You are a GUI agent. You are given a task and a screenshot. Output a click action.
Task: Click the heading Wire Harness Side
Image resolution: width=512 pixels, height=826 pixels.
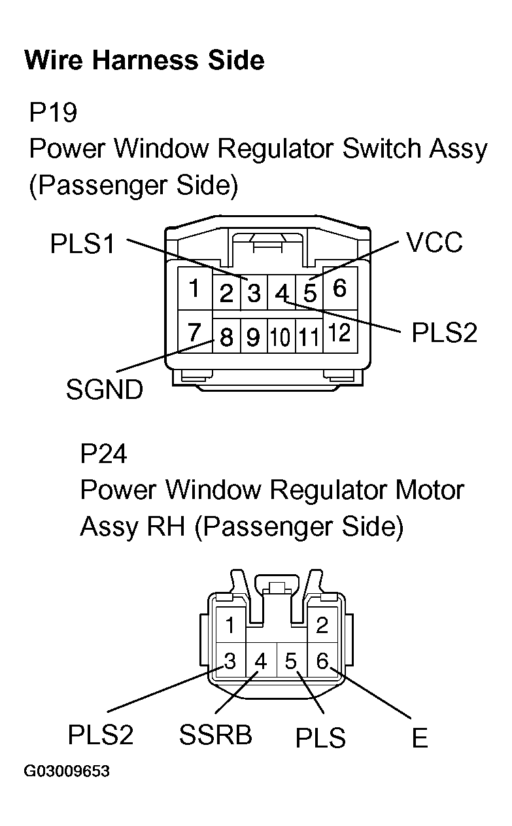[144, 60]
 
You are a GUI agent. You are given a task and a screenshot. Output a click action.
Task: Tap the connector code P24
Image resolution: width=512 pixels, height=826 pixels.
[103, 453]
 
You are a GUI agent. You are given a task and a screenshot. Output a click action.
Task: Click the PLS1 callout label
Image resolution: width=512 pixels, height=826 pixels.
[82, 245]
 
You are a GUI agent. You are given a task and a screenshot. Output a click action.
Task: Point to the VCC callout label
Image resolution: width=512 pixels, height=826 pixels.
[434, 243]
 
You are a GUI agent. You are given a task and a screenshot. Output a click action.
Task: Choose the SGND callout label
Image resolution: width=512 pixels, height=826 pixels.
[104, 390]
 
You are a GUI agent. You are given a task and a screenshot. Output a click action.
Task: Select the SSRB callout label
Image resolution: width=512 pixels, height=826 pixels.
[215, 736]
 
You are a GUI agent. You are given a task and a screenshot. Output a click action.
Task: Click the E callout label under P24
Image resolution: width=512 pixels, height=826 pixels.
[419, 738]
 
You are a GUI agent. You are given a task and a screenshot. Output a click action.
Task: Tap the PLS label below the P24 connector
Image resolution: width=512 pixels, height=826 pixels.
[320, 738]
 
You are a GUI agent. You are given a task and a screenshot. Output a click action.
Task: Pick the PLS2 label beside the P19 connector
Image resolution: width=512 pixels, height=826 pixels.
[444, 332]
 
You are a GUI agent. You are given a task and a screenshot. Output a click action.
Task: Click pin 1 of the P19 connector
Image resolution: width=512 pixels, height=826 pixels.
[194, 288]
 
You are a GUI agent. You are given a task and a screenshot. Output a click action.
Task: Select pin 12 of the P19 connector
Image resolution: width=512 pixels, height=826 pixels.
[339, 334]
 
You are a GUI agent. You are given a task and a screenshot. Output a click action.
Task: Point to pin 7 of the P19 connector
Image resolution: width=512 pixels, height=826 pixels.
[194, 334]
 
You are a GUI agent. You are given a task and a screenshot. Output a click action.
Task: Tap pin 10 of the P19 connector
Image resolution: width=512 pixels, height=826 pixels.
[281, 337]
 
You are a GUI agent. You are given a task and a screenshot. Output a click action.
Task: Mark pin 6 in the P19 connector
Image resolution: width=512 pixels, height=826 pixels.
[339, 288]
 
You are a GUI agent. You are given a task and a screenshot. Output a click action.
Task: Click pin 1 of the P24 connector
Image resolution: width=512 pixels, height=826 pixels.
[230, 625]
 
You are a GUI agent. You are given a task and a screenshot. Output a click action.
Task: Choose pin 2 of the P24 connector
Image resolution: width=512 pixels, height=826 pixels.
[322, 625]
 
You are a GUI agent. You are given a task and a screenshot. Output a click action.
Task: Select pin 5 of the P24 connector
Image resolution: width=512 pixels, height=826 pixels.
[291, 662]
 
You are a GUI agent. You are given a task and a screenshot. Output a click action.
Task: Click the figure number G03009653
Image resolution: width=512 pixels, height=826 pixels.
[67, 772]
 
